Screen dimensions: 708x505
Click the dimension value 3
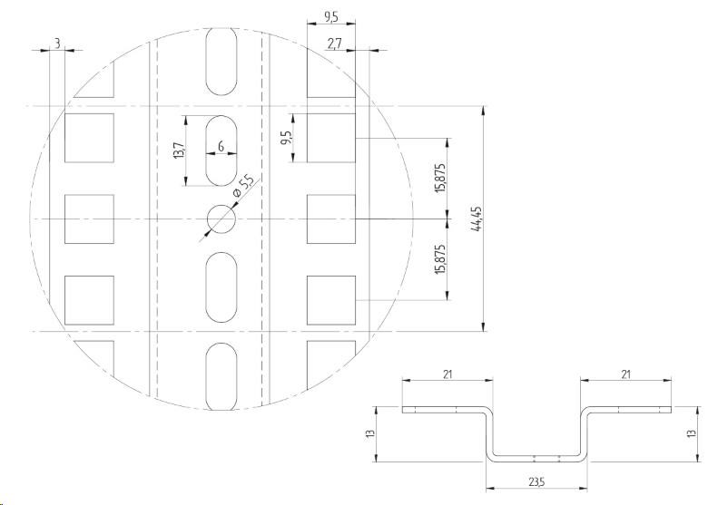click(57, 44)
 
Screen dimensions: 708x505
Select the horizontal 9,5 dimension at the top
click(331, 17)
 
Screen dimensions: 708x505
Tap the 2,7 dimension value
click(335, 44)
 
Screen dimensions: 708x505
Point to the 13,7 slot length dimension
click(179, 151)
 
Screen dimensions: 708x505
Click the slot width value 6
click(221, 147)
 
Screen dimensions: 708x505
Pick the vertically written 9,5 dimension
click(286, 138)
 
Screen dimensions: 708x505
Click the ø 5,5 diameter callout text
click(243, 187)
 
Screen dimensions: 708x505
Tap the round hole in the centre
click(221, 219)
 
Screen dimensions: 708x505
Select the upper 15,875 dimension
click(441, 178)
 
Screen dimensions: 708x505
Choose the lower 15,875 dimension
click(441, 258)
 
